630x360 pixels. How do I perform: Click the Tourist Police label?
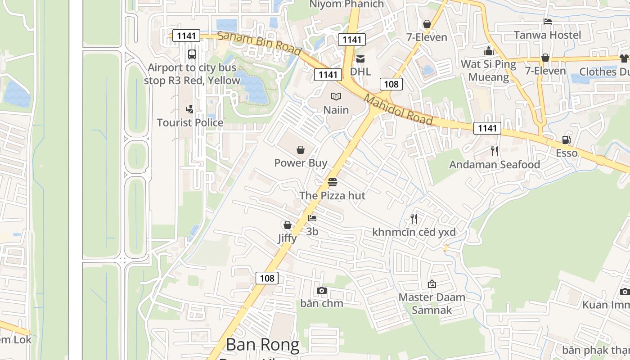pos(190,122)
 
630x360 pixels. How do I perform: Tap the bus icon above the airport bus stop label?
pos(192,54)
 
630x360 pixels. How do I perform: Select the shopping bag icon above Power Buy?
pos(301,150)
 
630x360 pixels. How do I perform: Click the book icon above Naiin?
pos(336,96)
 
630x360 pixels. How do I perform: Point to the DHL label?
pos(360,72)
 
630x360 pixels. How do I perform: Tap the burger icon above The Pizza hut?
pos(333,182)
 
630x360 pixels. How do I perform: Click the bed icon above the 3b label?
pos(312,218)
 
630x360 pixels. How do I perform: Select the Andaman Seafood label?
pos(495,165)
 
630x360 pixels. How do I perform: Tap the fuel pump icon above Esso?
pos(566,140)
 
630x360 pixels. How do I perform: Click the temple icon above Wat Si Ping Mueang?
pos(489,50)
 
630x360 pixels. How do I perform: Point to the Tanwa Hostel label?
pos(547,35)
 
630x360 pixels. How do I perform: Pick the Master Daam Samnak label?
pos(432,303)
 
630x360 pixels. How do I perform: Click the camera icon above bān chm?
pos(321,290)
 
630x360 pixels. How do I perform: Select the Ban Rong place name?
pos(262,345)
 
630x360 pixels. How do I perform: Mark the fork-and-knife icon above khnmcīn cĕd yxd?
pos(414,219)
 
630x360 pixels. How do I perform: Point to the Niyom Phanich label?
pos(346,4)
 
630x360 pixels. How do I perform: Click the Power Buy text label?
pos(301,163)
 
